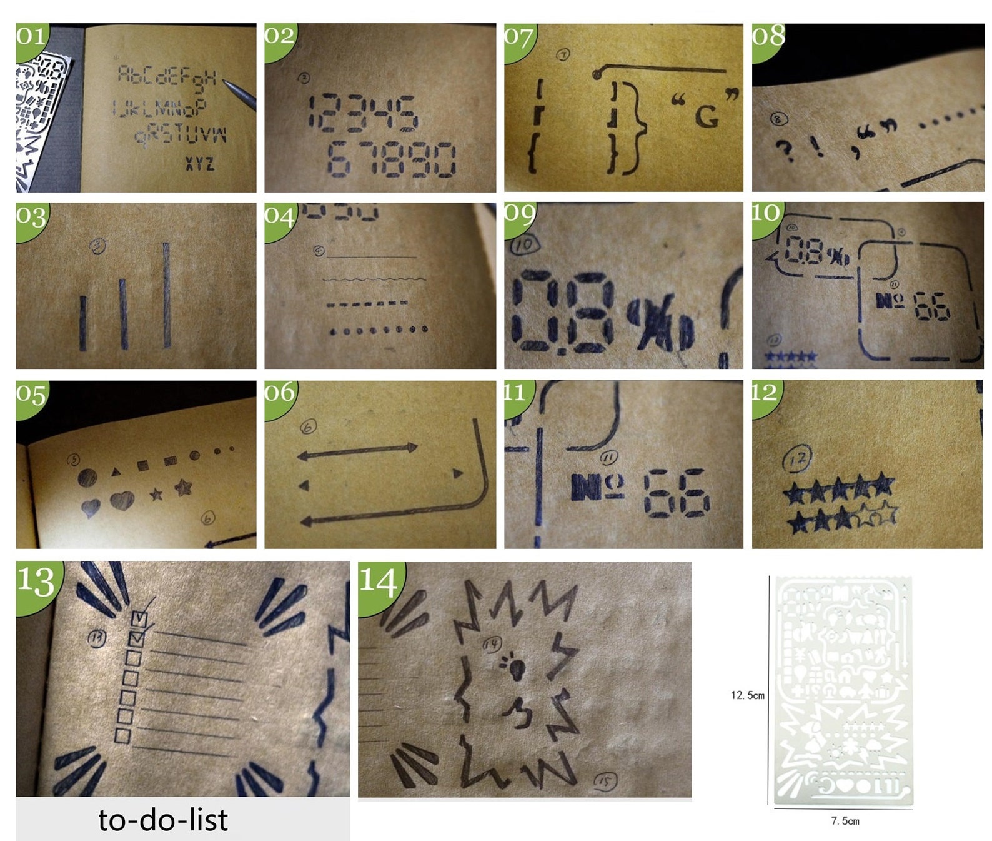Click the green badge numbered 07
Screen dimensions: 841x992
(518, 39)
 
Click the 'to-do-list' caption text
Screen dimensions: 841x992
(163, 820)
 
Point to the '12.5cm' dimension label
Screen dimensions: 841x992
(747, 695)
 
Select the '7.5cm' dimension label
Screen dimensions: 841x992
(845, 821)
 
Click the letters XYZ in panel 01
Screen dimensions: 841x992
(199, 164)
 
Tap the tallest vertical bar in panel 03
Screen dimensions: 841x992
(167, 295)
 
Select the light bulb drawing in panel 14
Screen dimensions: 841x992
(516, 667)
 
